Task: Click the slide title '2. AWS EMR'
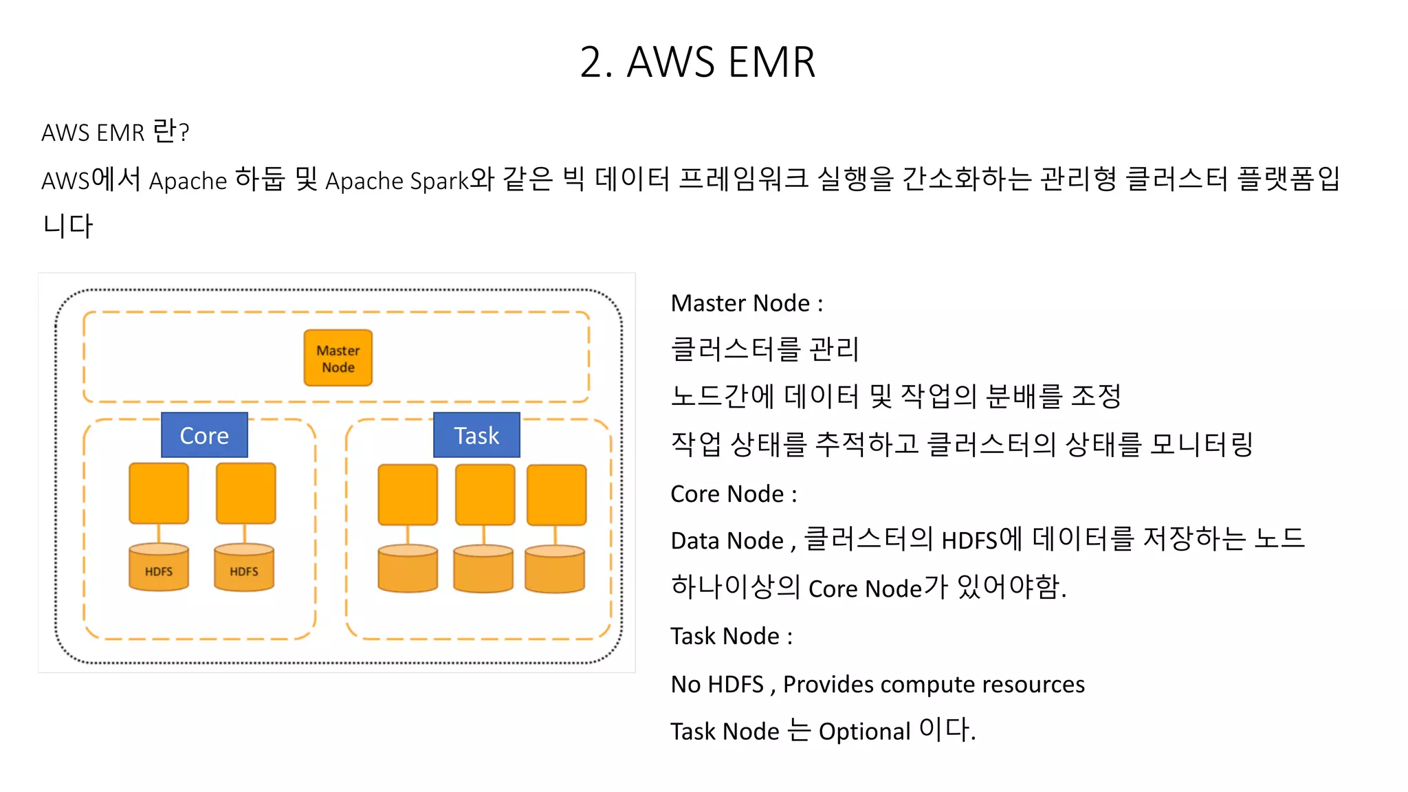click(x=697, y=63)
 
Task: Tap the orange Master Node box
click(x=338, y=358)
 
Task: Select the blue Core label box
click(x=204, y=435)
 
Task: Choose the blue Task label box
click(x=476, y=435)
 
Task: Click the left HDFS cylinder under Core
click(x=159, y=568)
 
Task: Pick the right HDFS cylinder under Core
click(x=244, y=568)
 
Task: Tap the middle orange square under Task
click(x=485, y=494)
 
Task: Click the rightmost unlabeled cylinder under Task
click(x=555, y=569)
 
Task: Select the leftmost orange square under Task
click(x=408, y=494)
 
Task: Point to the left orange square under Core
click(x=159, y=493)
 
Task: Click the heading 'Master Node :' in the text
click(x=747, y=303)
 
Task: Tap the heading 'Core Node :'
click(x=734, y=494)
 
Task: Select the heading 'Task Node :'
click(x=731, y=637)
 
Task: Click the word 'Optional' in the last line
click(x=864, y=731)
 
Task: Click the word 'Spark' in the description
click(x=439, y=181)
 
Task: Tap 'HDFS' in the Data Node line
click(x=969, y=541)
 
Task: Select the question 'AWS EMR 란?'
click(x=115, y=132)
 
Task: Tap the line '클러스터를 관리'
click(x=764, y=349)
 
